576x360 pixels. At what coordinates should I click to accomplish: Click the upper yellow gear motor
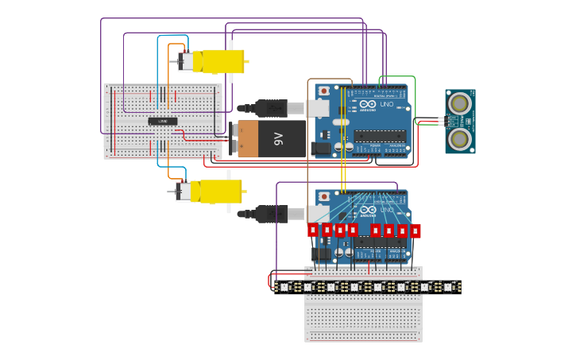[x=216, y=61]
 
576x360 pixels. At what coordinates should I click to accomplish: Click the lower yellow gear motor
[x=213, y=191]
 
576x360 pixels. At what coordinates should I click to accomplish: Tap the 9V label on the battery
[x=278, y=138]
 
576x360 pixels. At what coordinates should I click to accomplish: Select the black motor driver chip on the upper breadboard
[x=163, y=121]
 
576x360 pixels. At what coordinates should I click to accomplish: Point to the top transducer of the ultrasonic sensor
[x=459, y=103]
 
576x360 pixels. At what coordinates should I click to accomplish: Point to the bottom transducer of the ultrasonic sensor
[x=459, y=139]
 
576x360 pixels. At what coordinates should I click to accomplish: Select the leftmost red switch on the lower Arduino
[x=313, y=230]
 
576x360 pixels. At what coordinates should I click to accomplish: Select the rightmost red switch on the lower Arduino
[x=415, y=231]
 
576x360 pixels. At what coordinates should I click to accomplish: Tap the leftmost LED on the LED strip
[x=284, y=287]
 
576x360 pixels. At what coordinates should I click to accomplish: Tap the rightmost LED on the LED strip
[x=448, y=287]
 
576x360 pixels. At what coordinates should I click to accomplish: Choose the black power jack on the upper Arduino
[x=320, y=148]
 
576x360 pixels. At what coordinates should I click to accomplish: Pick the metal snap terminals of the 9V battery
[x=234, y=137]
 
